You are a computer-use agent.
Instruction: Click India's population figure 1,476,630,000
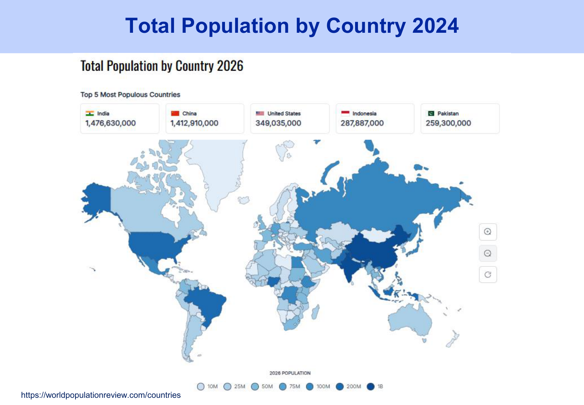click(110, 123)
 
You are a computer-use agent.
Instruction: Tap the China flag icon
click(175, 113)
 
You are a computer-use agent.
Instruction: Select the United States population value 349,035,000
click(278, 123)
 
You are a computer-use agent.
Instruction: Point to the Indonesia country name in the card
click(364, 113)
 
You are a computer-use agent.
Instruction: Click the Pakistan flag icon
click(430, 113)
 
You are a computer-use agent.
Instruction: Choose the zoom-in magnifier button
click(488, 232)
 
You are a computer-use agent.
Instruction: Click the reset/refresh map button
click(488, 275)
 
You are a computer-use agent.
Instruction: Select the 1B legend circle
click(371, 387)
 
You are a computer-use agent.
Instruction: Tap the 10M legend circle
click(201, 387)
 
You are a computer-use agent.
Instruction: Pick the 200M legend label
click(354, 387)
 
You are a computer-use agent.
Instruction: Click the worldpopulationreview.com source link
click(101, 395)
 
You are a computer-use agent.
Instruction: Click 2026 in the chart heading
click(230, 66)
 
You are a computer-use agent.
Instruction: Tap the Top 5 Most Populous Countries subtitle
click(130, 95)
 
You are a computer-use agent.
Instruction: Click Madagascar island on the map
click(315, 312)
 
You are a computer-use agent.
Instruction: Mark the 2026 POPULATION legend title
click(290, 373)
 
